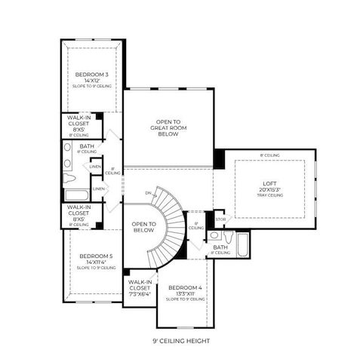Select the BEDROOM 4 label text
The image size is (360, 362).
click(x=185, y=287)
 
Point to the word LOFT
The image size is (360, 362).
click(x=269, y=183)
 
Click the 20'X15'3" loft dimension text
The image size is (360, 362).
click(x=269, y=189)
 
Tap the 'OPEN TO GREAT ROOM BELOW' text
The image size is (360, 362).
click(x=168, y=128)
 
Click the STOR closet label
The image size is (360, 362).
click(x=220, y=221)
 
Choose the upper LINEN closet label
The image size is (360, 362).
click(x=95, y=167)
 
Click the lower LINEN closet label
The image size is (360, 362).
click(x=98, y=189)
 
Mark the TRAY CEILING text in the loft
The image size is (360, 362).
click(x=269, y=195)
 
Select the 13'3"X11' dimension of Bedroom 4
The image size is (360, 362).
click(x=185, y=293)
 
